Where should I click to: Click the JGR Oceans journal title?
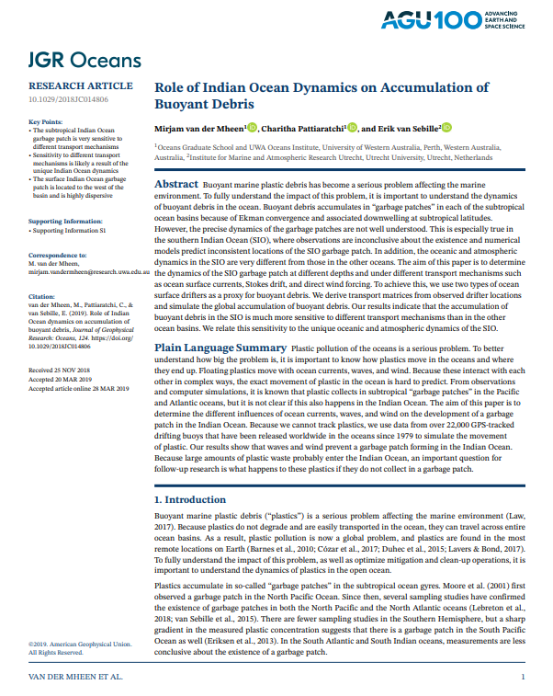tap(84, 61)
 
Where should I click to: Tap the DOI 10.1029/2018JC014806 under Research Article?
tap(69, 98)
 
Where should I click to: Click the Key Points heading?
tap(46, 122)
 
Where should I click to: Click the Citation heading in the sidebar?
tap(43, 297)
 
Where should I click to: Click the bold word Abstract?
tap(175, 184)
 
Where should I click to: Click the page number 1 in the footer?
tap(523, 678)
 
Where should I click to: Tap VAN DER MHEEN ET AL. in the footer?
tap(81, 678)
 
